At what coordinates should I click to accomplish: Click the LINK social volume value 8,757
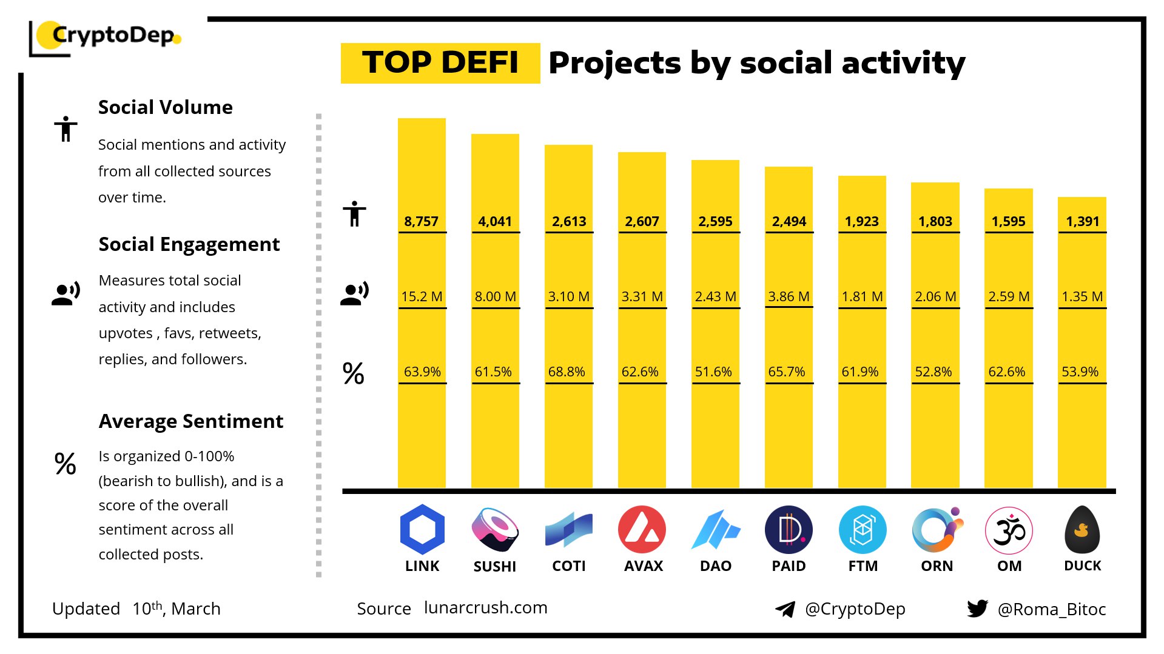pyautogui.click(x=421, y=222)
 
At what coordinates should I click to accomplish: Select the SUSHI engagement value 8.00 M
pyautogui.click(x=495, y=297)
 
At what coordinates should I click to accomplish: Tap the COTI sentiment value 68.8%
pyautogui.click(x=567, y=372)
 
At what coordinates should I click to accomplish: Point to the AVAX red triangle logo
pyautogui.click(x=642, y=530)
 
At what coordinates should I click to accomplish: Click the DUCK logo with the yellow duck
pyautogui.click(x=1082, y=530)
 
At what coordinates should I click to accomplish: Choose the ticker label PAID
pyautogui.click(x=789, y=566)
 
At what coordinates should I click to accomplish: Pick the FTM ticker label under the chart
pyautogui.click(x=863, y=566)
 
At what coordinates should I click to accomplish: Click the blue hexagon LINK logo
pyautogui.click(x=422, y=529)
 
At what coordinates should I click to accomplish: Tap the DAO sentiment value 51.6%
pyautogui.click(x=713, y=372)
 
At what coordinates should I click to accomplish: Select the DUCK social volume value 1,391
pyautogui.click(x=1082, y=222)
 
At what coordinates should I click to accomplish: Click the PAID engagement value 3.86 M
pyautogui.click(x=789, y=297)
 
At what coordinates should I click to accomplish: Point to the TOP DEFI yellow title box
pyautogui.click(x=440, y=63)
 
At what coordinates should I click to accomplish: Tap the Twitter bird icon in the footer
pyautogui.click(x=977, y=609)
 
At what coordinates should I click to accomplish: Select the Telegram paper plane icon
pyautogui.click(x=786, y=609)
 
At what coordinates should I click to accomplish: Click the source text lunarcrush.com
pyautogui.click(x=485, y=608)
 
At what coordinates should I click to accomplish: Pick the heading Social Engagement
pyautogui.click(x=189, y=244)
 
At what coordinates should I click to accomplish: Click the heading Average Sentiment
pyautogui.click(x=190, y=421)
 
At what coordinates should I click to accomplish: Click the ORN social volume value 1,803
pyautogui.click(x=935, y=222)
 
